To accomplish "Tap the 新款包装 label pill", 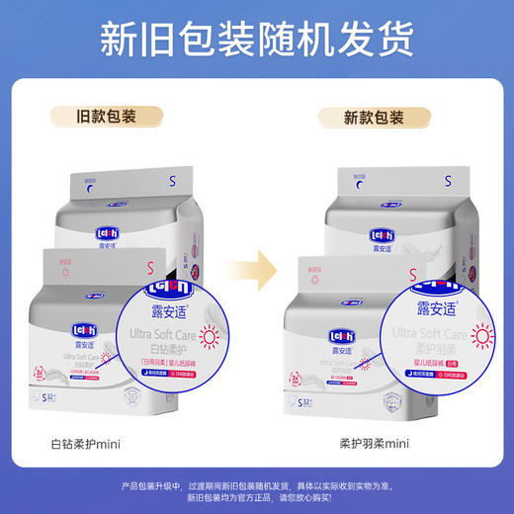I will pos(375,118).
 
